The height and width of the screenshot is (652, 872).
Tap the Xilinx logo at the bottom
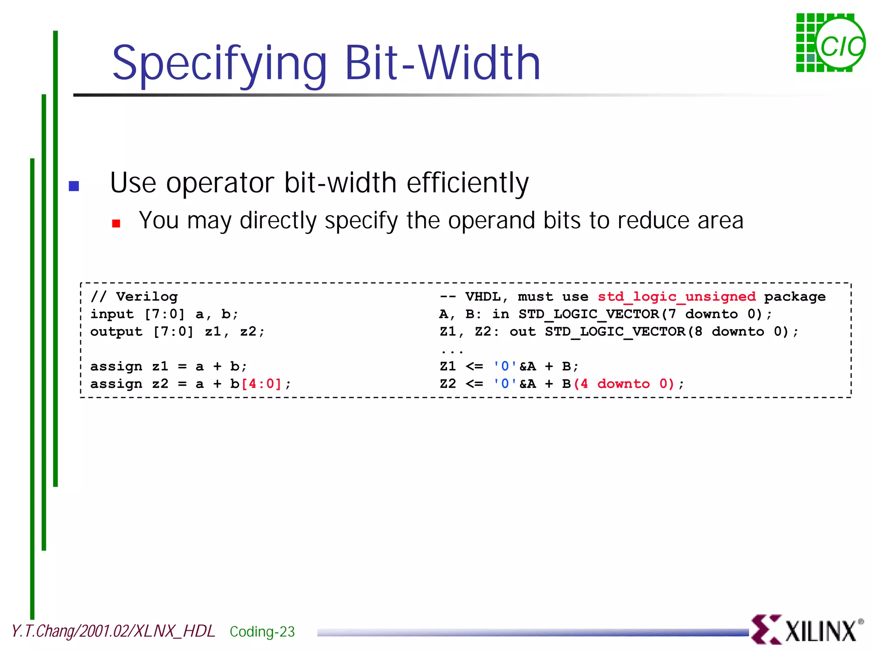point(806,629)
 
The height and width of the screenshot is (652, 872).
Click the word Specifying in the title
point(219,64)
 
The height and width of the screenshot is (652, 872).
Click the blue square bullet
point(74,186)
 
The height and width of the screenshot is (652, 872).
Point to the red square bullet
point(116,223)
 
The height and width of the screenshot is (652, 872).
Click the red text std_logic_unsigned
point(677,297)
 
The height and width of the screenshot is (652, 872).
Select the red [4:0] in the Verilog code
point(261,384)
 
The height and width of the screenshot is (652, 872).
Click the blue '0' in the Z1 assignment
point(505,366)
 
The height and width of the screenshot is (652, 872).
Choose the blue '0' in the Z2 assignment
point(505,384)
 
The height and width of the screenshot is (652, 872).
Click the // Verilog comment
point(134,297)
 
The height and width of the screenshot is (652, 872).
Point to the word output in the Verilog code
point(116,332)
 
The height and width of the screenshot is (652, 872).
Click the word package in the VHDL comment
point(795,297)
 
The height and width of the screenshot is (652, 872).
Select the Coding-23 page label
point(262,632)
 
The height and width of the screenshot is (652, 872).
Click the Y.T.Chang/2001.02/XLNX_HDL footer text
point(113,631)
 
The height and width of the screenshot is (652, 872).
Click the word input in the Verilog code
point(112,314)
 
